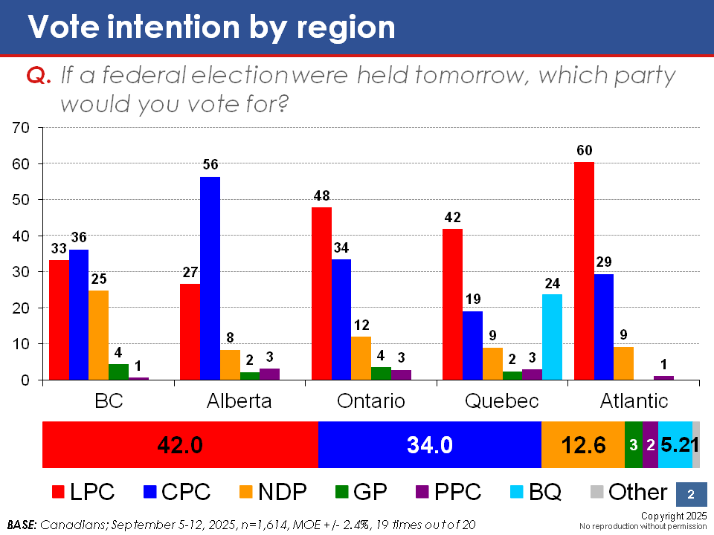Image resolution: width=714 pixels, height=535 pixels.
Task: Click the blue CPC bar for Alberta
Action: [210, 279]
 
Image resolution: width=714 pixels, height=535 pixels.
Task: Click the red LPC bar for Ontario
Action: [321, 294]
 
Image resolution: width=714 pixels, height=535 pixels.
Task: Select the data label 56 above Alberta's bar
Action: [210, 165]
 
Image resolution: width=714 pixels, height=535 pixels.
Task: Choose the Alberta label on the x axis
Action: [239, 401]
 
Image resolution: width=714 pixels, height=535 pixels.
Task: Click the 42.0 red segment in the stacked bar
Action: [180, 444]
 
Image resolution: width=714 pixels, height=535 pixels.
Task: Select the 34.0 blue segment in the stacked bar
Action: [429, 444]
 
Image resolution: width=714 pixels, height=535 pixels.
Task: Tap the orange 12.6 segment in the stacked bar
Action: [582, 444]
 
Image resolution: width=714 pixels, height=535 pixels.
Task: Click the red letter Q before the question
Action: [37, 77]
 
